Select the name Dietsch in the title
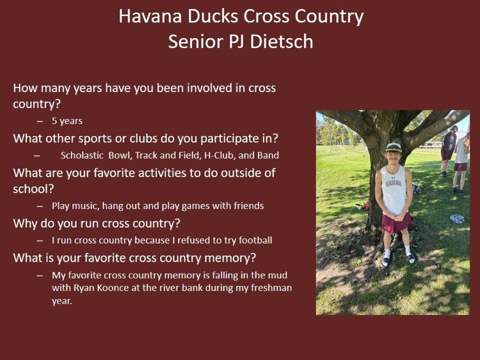[x=281, y=42]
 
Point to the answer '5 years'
[x=67, y=121]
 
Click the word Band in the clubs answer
[x=268, y=155]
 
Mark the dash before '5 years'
[x=40, y=121]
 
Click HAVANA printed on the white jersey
[x=394, y=183]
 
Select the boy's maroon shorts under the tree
[x=396, y=222]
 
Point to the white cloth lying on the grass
[x=457, y=218]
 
